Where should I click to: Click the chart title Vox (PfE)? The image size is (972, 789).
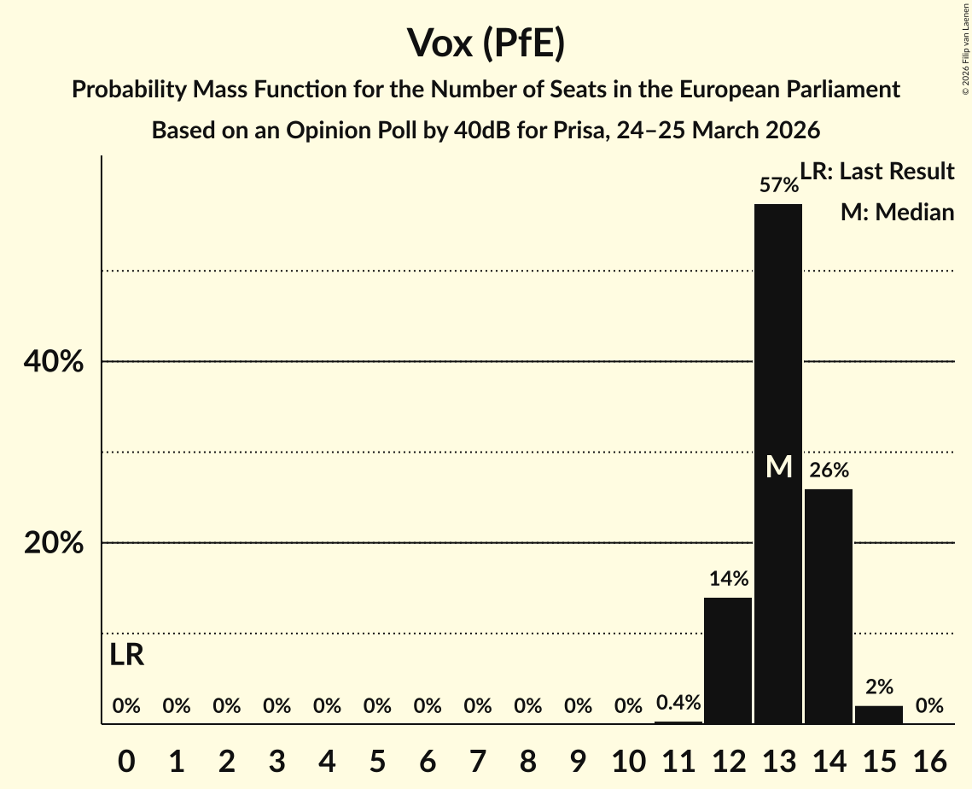[486, 44]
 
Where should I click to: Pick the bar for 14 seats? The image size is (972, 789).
[829, 606]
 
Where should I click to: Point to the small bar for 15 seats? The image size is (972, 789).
[879, 715]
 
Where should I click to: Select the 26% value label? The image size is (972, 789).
[829, 470]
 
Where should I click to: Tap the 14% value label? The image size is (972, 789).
[728, 578]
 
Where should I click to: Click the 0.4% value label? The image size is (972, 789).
[678, 703]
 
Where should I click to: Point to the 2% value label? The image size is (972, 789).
[879, 687]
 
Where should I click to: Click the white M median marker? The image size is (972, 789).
[778, 466]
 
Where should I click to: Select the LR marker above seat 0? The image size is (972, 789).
[126, 656]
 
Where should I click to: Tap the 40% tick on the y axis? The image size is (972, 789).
[53, 362]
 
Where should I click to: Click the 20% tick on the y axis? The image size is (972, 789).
[53, 543]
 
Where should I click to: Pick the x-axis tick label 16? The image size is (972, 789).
[929, 759]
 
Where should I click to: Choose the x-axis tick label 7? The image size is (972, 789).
[478, 759]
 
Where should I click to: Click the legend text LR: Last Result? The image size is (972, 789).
[877, 172]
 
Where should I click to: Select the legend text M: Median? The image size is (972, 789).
[897, 212]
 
